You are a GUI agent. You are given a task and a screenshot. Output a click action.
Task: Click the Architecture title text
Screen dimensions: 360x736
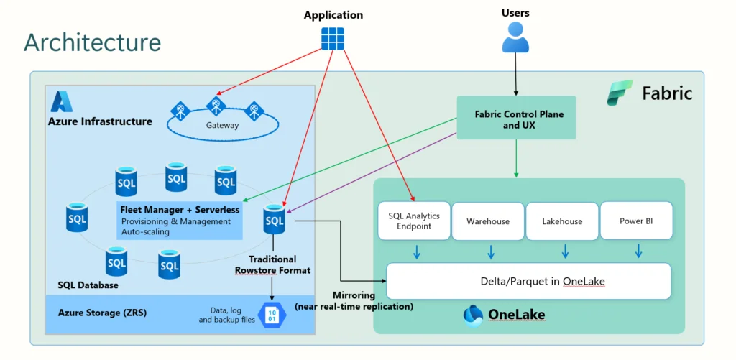[92, 42]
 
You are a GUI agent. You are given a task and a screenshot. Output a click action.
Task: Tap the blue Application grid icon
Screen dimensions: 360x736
[333, 38]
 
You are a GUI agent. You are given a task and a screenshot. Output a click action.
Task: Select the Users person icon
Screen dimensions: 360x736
[515, 37]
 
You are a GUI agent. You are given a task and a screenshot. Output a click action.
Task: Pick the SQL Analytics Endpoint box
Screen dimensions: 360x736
[413, 221]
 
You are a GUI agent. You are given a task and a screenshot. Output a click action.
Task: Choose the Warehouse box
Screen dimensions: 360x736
[488, 221]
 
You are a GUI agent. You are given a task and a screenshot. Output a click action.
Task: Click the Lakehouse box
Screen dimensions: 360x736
[562, 221]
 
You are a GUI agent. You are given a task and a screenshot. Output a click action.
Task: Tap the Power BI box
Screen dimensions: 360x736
[635, 221]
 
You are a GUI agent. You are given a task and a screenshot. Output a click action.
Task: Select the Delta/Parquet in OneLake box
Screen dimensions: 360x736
[528, 281]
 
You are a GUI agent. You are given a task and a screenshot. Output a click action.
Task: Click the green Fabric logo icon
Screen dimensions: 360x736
[619, 93]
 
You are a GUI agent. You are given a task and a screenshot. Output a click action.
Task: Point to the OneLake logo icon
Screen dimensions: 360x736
[474, 315]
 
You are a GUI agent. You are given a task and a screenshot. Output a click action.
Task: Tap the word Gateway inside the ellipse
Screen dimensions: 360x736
[221, 125]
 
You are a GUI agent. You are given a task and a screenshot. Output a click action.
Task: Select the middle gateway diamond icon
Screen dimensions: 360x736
[216, 106]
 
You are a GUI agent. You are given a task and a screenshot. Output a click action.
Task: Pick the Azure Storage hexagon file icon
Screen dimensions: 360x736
[272, 314]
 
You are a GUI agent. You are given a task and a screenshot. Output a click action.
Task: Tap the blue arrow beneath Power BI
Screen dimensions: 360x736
[638, 251]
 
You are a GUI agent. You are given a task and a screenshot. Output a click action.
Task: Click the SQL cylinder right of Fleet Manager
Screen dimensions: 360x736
[275, 219]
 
